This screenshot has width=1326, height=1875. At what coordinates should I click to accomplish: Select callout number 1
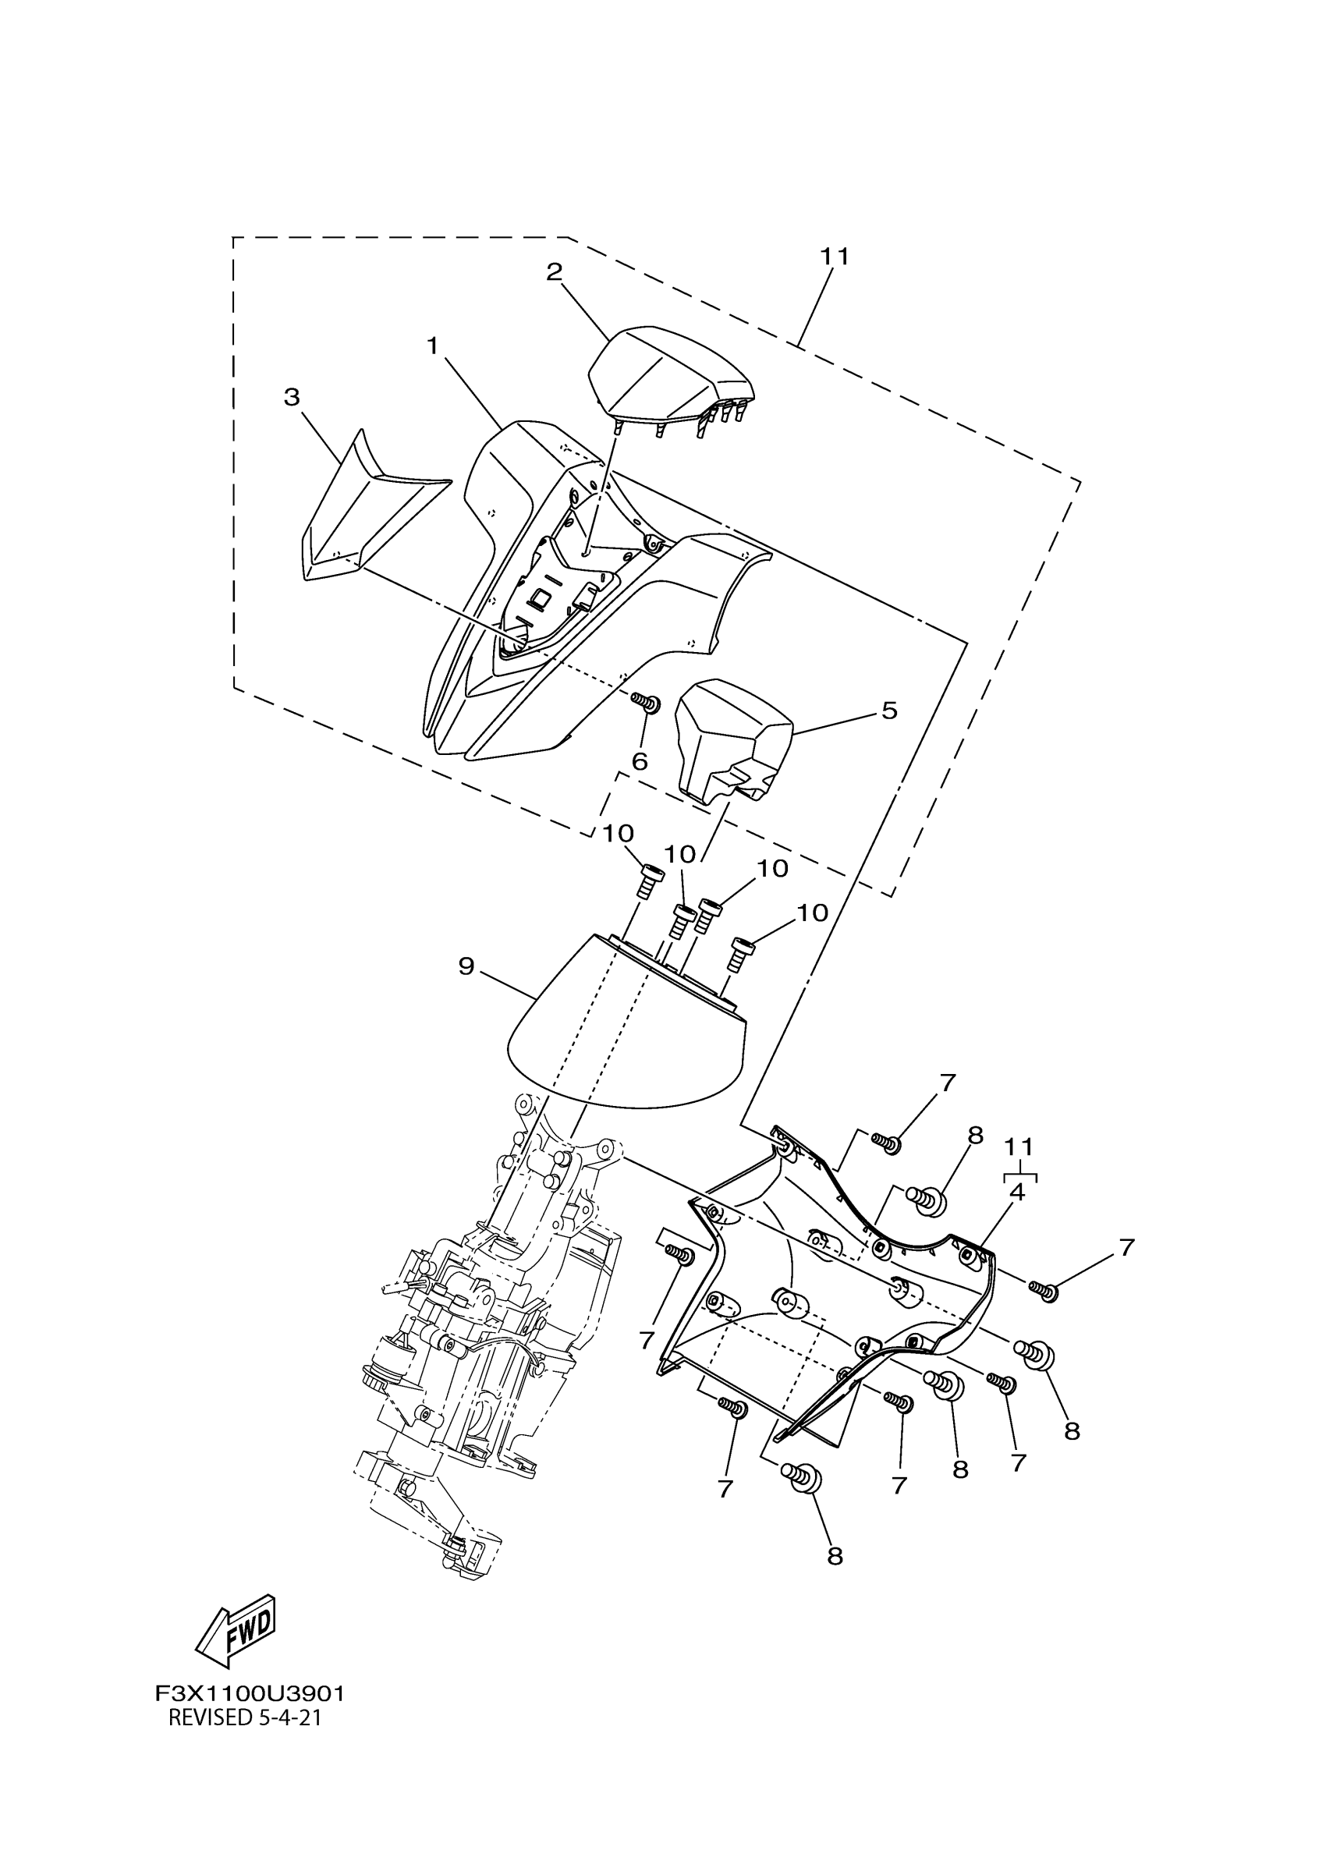pos(433,346)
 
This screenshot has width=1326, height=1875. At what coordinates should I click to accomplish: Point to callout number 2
pos(555,272)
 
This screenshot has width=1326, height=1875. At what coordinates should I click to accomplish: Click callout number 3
pos(292,397)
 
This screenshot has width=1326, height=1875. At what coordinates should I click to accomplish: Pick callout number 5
pos(889,711)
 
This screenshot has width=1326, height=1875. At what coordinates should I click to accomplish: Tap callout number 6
pos(640,762)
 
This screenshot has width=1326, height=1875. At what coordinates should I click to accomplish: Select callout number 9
pos(466,967)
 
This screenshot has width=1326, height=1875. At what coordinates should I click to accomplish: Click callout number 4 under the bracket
pos(1016,1192)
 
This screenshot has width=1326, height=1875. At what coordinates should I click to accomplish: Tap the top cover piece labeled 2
pos(669,376)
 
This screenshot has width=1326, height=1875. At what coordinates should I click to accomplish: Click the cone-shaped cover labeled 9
pos(629,1029)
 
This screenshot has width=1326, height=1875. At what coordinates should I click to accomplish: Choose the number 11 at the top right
pos(835,257)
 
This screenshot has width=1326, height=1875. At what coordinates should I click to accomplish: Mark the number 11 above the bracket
pos(1019,1147)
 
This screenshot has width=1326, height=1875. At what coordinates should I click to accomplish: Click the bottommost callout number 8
pos(835,1557)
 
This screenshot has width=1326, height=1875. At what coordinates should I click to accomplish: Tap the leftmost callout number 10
pos(619,834)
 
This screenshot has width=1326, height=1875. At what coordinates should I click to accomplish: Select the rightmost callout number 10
pos(812,913)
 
